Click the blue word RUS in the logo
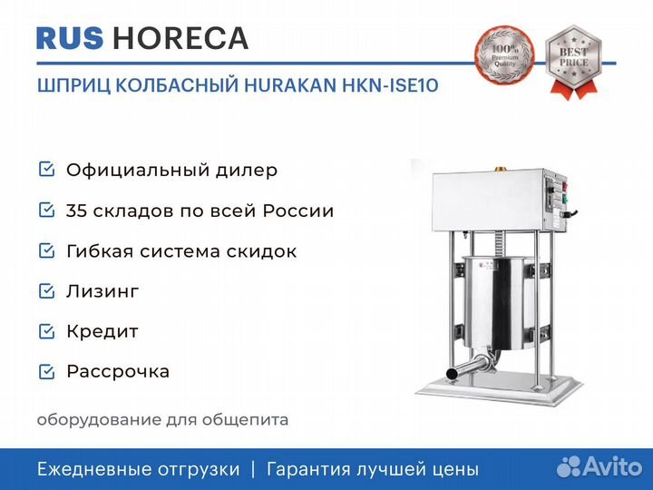[x=70, y=38]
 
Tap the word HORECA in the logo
[x=180, y=38]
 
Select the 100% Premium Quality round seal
[x=505, y=56]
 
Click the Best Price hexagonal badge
[x=573, y=62]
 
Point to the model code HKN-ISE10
[x=390, y=85]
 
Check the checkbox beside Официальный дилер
[x=46, y=169]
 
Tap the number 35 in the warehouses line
[x=76, y=211]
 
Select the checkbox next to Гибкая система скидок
[x=46, y=250]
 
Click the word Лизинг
[x=102, y=291]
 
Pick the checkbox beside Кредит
[x=46, y=331]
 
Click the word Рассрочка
[x=118, y=372]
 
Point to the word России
[x=298, y=211]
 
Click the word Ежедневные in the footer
[x=91, y=470]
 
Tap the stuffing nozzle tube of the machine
[x=471, y=367]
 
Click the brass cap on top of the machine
[x=500, y=169]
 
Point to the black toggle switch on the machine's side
[x=570, y=214]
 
